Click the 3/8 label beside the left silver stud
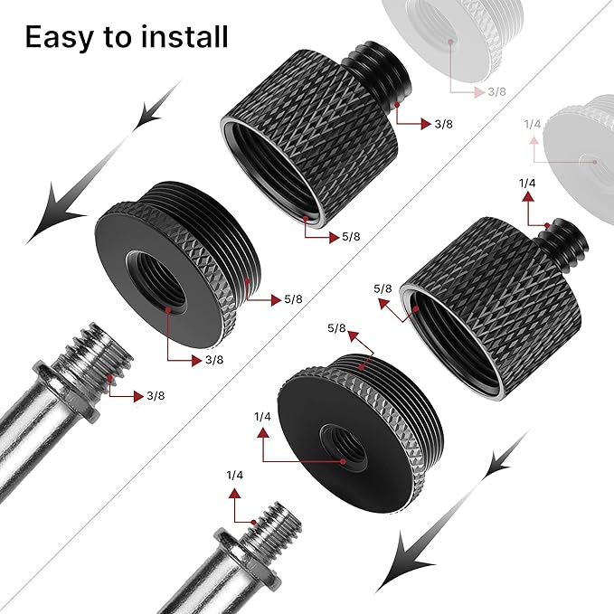[156, 396]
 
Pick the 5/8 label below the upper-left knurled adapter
[352, 238]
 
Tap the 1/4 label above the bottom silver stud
[235, 475]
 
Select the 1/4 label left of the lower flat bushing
[263, 417]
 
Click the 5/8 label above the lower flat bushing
[335, 328]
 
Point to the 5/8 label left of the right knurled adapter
[383, 289]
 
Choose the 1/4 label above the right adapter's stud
[528, 184]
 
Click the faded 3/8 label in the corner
[496, 92]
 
